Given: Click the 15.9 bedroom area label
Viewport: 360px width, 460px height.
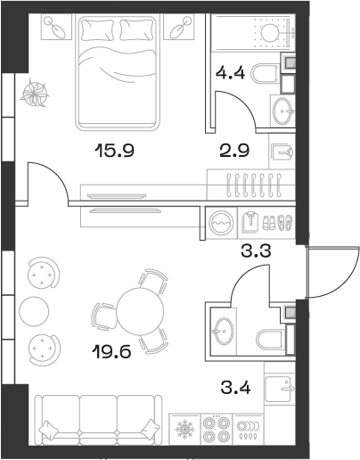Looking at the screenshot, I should click(114, 151).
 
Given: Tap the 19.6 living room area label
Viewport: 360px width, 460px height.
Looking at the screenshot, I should click(114, 351).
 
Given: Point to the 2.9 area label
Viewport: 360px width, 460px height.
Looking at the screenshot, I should click(235, 151).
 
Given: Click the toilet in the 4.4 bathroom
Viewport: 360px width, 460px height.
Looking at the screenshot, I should click(266, 73).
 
